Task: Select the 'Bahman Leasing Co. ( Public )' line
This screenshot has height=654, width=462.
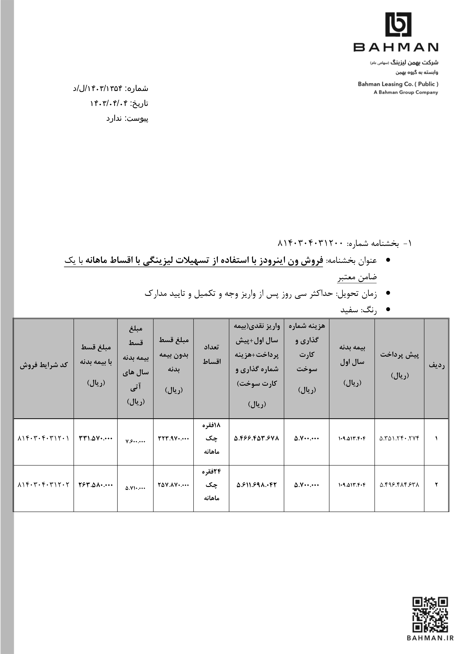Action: point(398,84)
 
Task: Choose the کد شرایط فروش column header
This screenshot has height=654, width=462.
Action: point(44,365)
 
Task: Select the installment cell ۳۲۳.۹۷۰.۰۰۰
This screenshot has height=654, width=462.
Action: point(173,438)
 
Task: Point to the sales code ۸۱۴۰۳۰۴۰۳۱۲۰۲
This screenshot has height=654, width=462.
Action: point(44,485)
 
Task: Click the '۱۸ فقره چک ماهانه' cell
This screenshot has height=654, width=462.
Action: point(211,438)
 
